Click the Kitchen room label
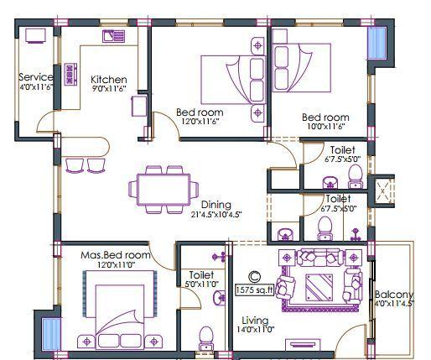[109, 81]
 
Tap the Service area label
[34, 77]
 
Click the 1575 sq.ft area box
[256, 290]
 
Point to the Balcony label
[394, 295]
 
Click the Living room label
[255, 321]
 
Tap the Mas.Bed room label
[115, 254]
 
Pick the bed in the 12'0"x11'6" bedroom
[226, 82]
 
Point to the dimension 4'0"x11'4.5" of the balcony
[394, 305]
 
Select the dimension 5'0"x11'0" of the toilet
[203, 284]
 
